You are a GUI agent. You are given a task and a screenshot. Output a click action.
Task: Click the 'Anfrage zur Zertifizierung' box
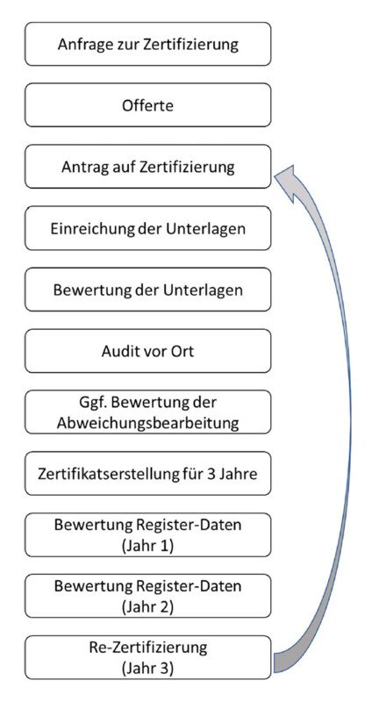pos(147,45)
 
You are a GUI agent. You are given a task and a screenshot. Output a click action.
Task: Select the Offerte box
pos(147,105)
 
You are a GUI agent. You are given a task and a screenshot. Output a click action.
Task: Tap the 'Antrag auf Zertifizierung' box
pos(147,167)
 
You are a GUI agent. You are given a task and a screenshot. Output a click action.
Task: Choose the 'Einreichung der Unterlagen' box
pos(147,228)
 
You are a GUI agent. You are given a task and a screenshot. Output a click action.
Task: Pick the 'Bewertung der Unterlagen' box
pos(147,290)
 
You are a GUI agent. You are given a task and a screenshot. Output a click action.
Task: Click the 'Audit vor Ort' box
pos(147,351)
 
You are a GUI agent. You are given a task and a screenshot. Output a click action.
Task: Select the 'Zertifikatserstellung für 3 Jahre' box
pos(147,474)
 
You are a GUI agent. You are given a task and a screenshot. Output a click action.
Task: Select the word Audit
pos(118,351)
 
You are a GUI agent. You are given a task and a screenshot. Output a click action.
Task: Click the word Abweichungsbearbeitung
pos(147,423)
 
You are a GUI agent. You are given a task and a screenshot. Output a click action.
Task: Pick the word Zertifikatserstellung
pos(103,474)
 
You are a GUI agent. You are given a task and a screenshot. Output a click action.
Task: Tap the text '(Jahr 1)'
pos(147,546)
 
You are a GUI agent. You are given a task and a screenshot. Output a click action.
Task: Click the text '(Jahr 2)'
pos(147,607)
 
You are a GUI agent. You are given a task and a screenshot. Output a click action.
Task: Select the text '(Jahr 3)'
pos(147,669)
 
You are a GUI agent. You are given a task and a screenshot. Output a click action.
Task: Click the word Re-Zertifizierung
pos(148,648)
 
